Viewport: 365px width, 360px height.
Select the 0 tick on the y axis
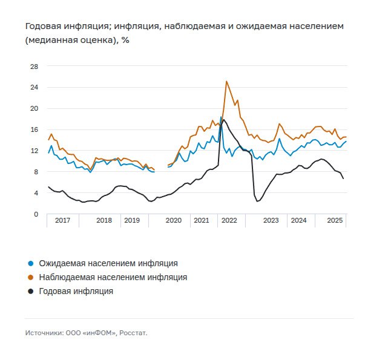(35, 214)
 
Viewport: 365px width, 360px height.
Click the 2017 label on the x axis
(62, 221)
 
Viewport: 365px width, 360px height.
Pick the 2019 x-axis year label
(131, 221)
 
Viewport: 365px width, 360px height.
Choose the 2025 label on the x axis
(335, 221)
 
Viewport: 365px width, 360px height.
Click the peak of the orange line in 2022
(226, 81)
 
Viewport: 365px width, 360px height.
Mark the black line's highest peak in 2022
(224, 120)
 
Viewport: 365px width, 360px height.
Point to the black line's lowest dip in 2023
(257, 201)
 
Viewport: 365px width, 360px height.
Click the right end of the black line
(344, 178)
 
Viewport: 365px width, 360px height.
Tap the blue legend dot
(31, 264)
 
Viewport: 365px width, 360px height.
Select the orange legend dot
(31, 277)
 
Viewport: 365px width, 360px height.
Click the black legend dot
(31, 291)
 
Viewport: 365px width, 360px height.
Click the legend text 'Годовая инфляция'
(76, 291)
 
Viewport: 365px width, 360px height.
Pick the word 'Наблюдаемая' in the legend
(65, 277)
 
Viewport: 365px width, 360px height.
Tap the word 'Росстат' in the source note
(133, 333)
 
